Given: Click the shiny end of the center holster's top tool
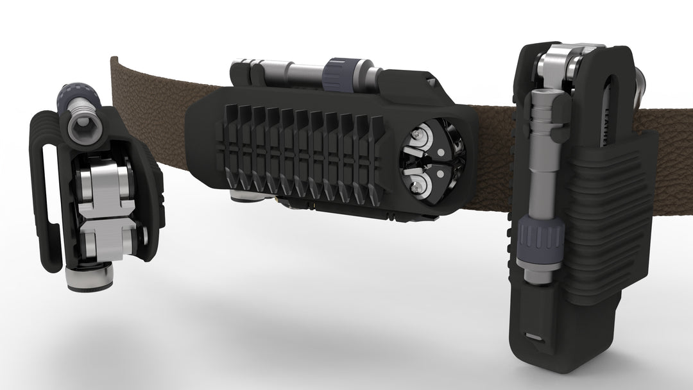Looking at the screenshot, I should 244,71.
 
